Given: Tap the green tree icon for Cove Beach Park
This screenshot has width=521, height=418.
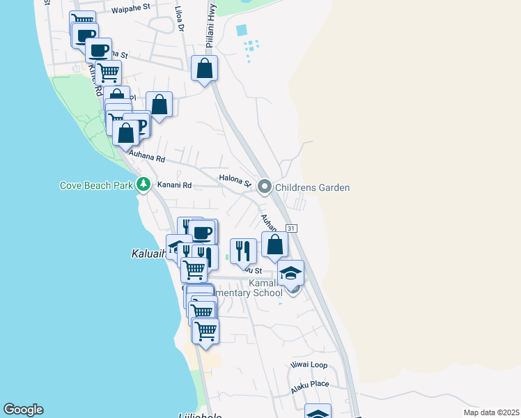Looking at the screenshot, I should coord(143,185).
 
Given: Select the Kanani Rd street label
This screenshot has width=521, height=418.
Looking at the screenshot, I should coord(173,185).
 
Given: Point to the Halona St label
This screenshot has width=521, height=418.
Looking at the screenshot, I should coord(235,180).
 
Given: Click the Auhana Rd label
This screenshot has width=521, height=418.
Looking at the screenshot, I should coord(146,159).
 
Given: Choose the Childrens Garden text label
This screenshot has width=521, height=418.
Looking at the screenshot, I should coord(312,187).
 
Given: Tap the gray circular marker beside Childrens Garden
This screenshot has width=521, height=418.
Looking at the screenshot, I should coord(265,187).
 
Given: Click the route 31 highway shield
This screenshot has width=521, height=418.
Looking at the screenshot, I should coord(292,229).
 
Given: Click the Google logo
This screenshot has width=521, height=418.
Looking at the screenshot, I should coord(23,410).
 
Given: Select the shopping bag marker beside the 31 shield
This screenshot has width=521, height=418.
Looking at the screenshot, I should coord(275,245).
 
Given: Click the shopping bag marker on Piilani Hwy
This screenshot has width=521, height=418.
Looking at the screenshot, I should coord(204,69).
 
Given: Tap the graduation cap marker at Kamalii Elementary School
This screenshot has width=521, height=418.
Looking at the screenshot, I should coord(290,273).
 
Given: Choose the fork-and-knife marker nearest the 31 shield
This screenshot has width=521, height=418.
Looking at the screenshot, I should coord(243,251).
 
